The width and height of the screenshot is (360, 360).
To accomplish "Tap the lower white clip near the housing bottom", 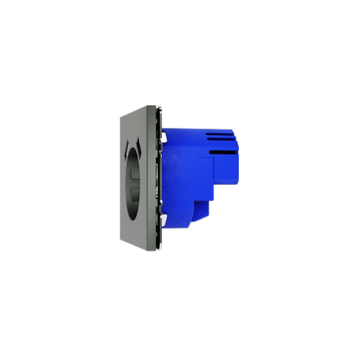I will (x=164, y=222).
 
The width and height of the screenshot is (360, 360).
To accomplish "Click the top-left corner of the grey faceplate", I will (x=119, y=118).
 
